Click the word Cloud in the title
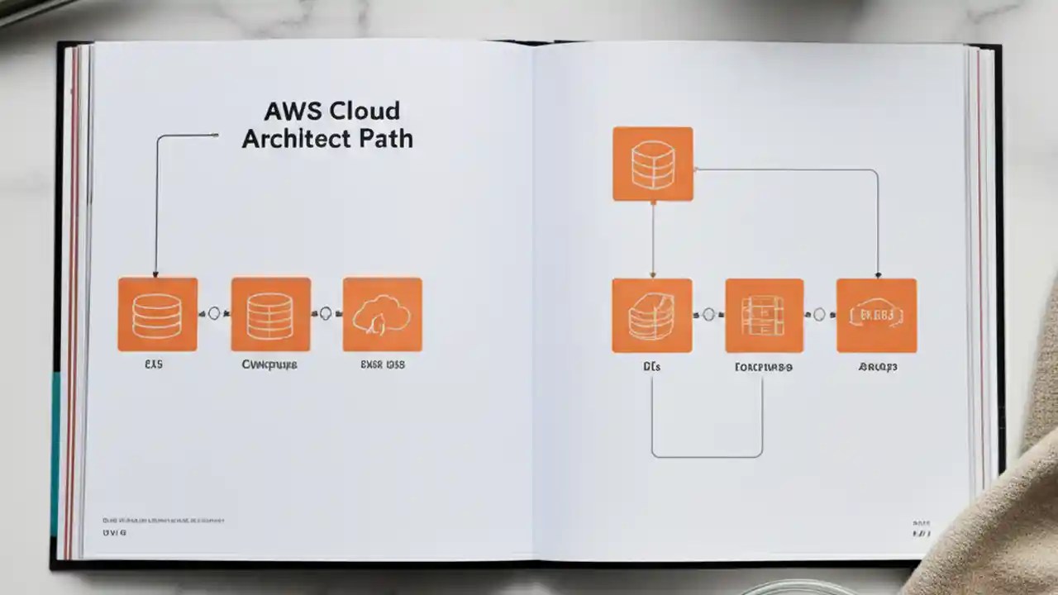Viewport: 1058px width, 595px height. point(365,111)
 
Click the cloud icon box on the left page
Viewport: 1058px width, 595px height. point(382,314)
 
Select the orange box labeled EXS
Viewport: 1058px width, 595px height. point(157,314)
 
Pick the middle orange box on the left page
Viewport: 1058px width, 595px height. point(270,314)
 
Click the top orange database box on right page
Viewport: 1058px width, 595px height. point(652,164)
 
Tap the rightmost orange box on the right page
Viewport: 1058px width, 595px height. point(876,315)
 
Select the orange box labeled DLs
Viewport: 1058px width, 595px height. point(651,315)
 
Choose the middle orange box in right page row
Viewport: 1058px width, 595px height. point(764,315)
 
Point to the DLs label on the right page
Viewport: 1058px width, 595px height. point(651,366)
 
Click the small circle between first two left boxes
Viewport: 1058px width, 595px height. point(215,313)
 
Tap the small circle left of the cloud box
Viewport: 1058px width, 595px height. point(326,313)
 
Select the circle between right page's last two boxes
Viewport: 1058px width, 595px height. point(819,314)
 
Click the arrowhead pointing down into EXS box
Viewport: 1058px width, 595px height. point(155,274)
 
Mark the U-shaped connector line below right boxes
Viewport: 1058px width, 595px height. point(707,455)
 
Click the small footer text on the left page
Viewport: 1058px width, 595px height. point(163,521)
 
